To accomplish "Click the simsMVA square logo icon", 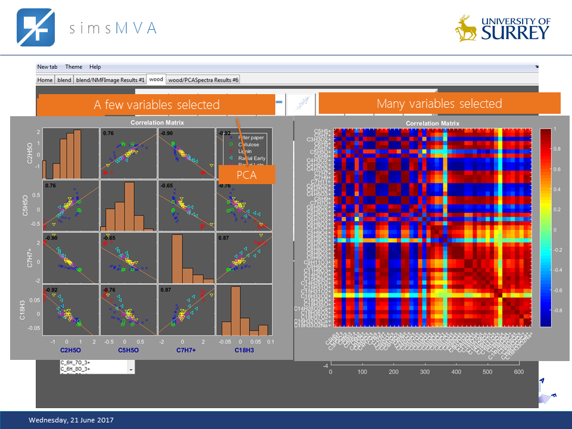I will pos(35,27).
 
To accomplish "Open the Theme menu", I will pos(74,67).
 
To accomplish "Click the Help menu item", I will pos(95,67).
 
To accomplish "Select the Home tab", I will pos(45,79).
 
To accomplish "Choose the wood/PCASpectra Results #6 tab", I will pos(203,79).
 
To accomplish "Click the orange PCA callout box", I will pos(247,174).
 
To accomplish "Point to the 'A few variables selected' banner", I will pos(156,105).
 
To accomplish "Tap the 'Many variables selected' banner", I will pos(439,103).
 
